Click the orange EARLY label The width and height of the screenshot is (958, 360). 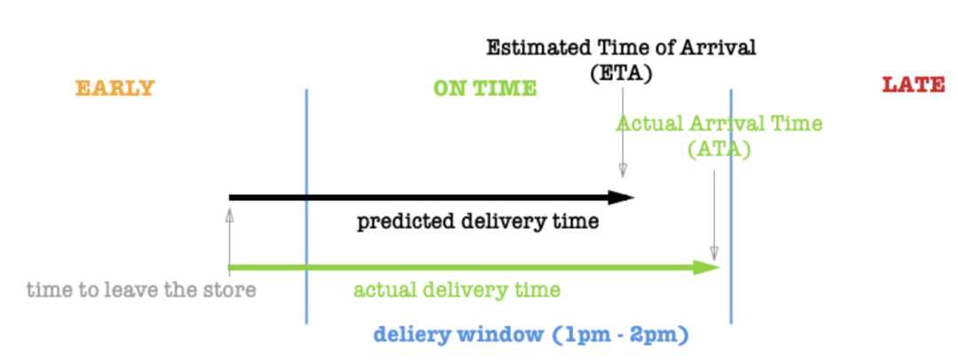(114, 88)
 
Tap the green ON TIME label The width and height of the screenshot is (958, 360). (484, 88)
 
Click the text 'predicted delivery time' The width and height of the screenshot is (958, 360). (477, 222)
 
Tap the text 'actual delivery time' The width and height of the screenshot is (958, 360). (457, 290)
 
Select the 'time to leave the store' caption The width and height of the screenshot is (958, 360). (141, 290)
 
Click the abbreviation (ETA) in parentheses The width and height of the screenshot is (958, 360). (621, 73)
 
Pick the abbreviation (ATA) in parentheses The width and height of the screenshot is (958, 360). (718, 150)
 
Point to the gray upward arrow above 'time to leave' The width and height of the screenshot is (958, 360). (229, 235)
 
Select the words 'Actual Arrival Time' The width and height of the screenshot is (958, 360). (719, 123)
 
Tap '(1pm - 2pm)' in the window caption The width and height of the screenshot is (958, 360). (621, 335)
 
